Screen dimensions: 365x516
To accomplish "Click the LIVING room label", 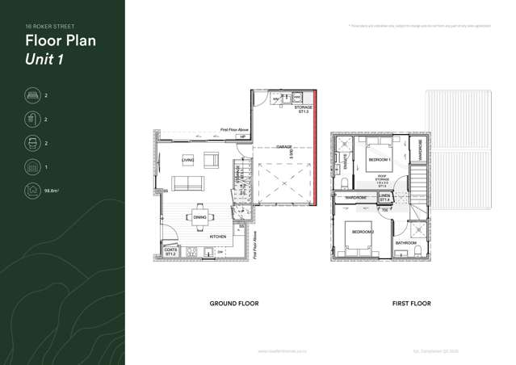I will point(187,160).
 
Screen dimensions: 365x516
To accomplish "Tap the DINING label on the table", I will point(199,217).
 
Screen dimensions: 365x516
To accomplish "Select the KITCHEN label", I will point(218,237).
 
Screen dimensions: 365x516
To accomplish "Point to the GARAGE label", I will point(283,147).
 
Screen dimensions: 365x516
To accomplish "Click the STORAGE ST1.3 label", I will point(304,109).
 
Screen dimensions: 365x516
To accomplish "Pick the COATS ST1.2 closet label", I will point(170,251).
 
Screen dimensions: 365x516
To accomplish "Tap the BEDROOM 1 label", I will point(379,160).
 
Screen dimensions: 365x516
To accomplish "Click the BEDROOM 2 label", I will point(362,233).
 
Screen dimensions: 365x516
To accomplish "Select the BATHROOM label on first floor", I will point(405,243).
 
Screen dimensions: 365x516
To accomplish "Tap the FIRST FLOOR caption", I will point(411,304).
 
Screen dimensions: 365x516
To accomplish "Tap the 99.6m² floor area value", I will point(53,191).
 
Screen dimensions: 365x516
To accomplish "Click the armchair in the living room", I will point(212,158).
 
